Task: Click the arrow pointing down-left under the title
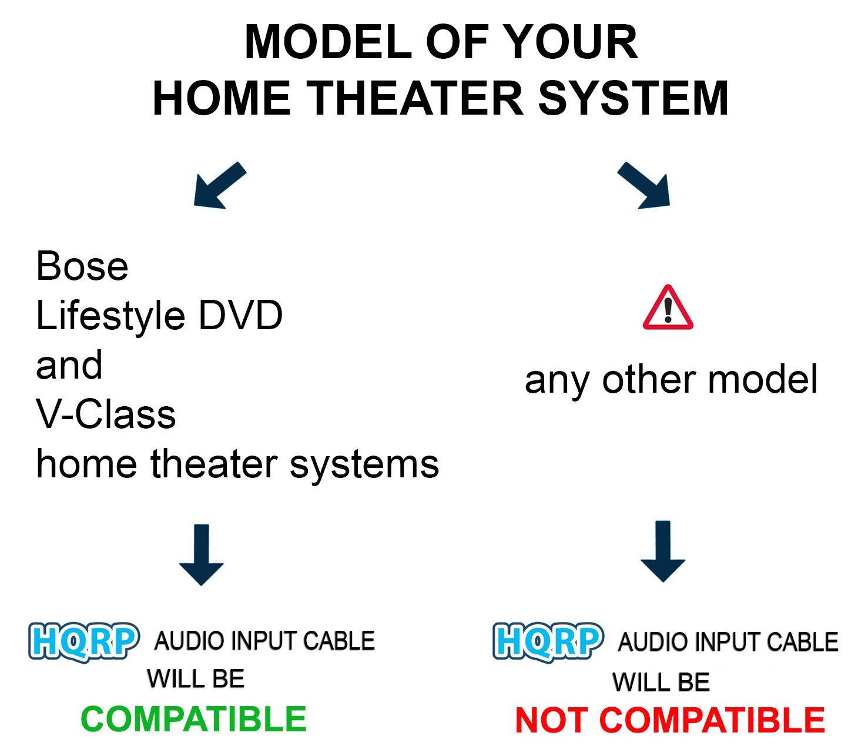219,185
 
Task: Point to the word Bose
82,266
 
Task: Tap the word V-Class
106,414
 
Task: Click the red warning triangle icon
668,308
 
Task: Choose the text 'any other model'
671,379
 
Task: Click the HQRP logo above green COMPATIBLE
84,641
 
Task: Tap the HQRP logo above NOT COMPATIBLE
548,641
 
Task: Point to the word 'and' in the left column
69,365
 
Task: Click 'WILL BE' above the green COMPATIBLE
196,679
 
